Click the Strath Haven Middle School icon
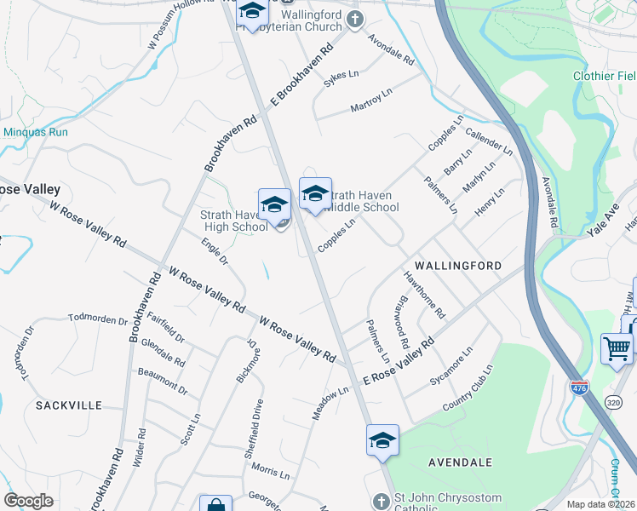pos(315,195)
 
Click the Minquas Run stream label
pos(36,132)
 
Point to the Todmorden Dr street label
pos(97,321)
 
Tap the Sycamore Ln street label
pos(450,367)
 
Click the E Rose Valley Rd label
pos(399,359)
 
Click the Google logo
pos(28,501)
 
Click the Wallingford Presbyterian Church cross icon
pos(354,19)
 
